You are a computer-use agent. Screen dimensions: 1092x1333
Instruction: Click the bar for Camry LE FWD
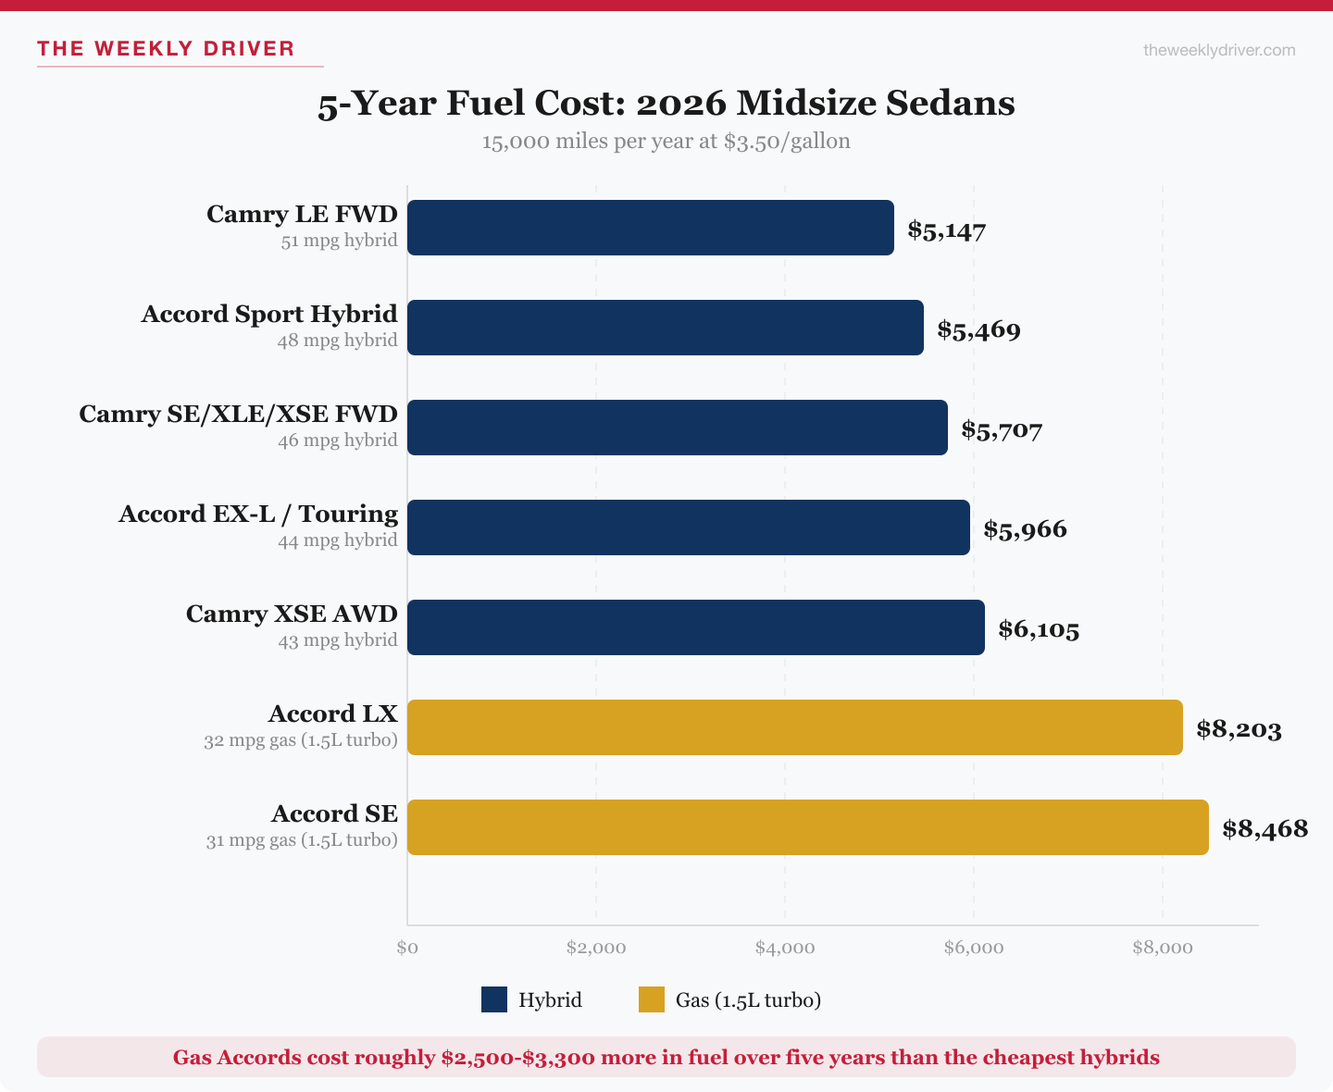(650, 228)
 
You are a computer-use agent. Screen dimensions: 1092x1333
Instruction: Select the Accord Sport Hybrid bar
(665, 328)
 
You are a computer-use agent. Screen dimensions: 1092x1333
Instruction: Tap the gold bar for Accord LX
(794, 727)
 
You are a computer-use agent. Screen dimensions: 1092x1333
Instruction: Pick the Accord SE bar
(807, 827)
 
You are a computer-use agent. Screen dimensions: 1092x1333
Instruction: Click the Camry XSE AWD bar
(695, 627)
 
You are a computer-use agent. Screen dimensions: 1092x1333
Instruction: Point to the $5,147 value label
(946, 230)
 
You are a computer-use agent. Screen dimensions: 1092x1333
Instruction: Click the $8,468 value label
(1264, 828)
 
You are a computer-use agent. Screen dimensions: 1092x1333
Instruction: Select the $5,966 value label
(1025, 529)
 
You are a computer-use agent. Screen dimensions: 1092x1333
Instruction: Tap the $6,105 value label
(1039, 629)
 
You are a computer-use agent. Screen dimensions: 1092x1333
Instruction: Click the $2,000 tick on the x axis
(596, 948)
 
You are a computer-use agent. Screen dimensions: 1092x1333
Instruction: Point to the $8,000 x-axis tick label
(1163, 948)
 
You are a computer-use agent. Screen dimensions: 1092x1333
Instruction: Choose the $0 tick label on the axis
(407, 948)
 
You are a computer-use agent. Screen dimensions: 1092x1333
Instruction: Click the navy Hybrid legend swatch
(494, 999)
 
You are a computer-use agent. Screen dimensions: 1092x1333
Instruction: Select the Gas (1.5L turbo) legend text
(748, 999)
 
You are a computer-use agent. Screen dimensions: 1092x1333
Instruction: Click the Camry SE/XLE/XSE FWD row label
(238, 414)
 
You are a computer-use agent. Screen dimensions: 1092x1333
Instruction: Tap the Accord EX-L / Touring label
(258, 514)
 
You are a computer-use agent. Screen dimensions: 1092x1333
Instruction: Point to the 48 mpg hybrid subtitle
(337, 341)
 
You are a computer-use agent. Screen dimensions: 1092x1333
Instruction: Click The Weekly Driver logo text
(166, 48)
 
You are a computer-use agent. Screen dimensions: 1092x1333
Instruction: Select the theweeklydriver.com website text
(1219, 50)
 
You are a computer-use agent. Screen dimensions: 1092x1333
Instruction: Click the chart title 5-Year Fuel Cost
(666, 103)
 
